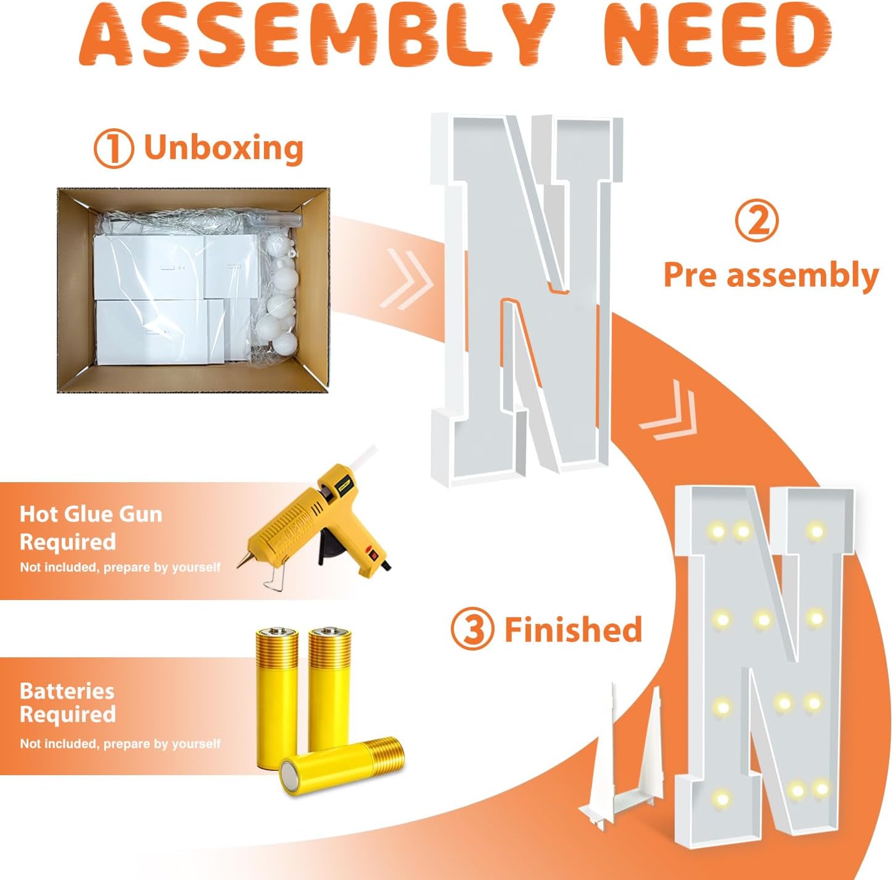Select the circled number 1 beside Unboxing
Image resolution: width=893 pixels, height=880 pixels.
[x=113, y=148]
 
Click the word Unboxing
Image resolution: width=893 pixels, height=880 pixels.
[x=224, y=147]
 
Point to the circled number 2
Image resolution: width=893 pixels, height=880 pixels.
[x=756, y=222]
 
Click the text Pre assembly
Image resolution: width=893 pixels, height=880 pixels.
[x=771, y=275]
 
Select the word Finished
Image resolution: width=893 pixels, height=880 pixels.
[x=574, y=629]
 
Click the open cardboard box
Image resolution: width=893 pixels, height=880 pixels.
[x=193, y=290]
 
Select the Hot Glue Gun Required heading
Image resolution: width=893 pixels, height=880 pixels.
[x=91, y=528]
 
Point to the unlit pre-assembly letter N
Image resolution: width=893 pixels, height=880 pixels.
[x=527, y=299]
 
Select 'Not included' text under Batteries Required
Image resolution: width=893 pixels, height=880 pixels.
[x=120, y=744]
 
